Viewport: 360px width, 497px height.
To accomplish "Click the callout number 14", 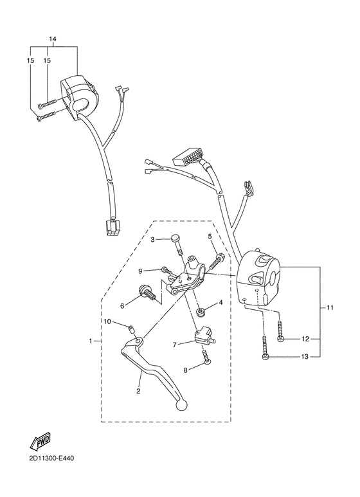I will [x=52, y=39].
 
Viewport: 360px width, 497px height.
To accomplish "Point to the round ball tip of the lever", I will [x=182, y=406].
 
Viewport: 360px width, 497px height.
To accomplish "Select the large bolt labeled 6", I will [x=150, y=296].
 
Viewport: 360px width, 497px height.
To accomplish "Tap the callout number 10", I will [x=108, y=321].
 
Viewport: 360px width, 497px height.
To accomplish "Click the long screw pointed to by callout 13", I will [x=264, y=348].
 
